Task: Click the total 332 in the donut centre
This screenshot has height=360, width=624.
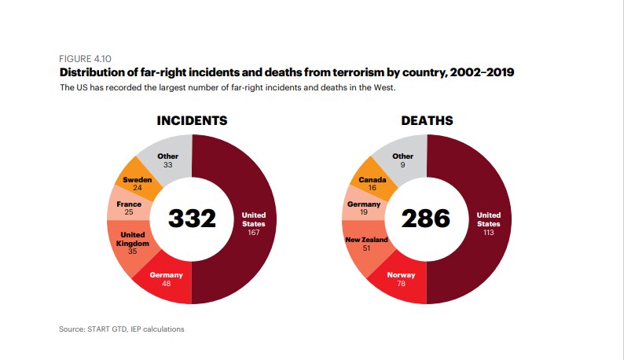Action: pos(192,219)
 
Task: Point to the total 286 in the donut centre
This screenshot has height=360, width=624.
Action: pos(426,219)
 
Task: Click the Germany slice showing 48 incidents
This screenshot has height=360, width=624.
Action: pos(166,279)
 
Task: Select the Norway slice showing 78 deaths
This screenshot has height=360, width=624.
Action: pos(401,279)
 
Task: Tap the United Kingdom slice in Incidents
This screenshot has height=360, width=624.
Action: pos(132,244)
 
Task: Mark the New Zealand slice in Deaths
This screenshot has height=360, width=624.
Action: pos(366,244)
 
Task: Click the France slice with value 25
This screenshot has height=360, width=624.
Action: pos(128,208)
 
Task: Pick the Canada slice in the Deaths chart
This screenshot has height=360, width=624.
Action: pos(372,183)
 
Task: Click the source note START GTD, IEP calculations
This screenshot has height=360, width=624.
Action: pos(122,329)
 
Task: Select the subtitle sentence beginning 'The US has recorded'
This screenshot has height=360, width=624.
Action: pos(228,87)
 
